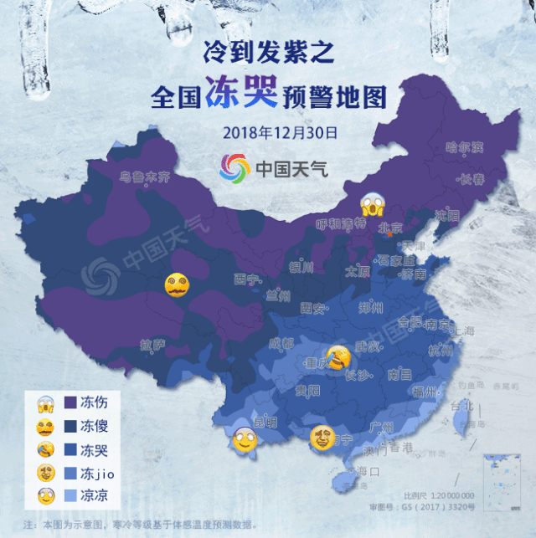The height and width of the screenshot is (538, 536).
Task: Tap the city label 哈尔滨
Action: click(465, 147)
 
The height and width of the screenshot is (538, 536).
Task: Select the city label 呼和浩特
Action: click(342, 224)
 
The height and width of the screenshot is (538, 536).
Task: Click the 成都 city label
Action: click(282, 343)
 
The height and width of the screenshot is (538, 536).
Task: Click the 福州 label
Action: click(425, 392)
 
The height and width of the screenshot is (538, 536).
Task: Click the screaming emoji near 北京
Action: click(370, 203)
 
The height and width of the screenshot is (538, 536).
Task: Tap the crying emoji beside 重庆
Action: click(337, 357)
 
